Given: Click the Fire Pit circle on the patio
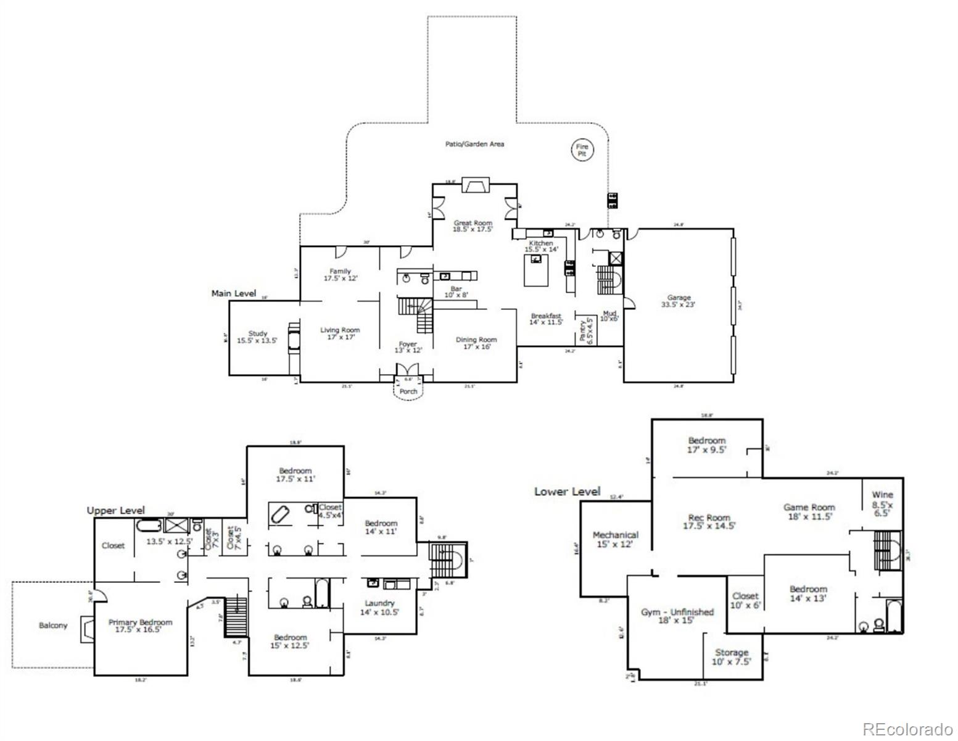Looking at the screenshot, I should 582,150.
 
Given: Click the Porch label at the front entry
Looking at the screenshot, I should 408,391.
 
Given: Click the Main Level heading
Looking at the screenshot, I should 233,293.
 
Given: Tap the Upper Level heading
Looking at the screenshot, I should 116,511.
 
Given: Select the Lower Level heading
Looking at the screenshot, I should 567,492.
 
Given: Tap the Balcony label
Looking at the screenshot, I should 53,626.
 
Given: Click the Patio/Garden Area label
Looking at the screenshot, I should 474,144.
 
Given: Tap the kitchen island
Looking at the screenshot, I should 535,270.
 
